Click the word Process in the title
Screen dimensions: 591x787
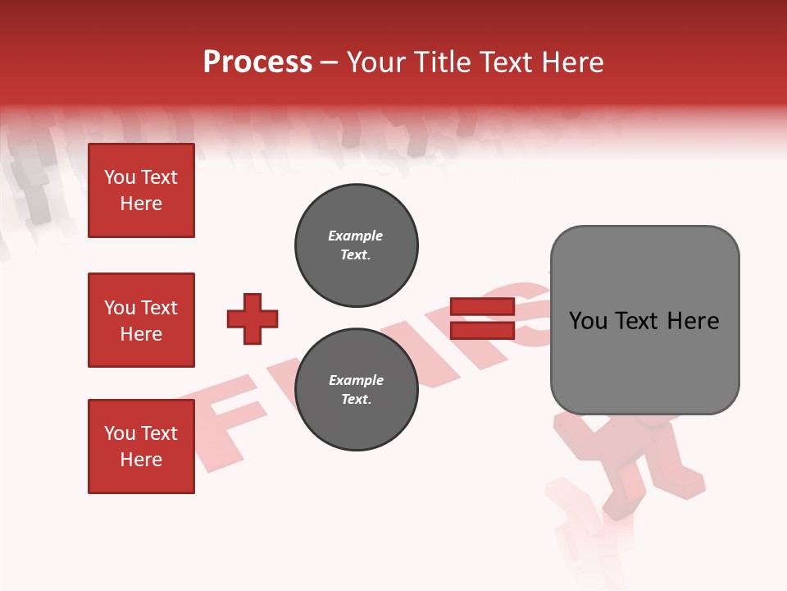click(257, 62)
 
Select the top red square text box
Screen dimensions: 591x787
click(141, 190)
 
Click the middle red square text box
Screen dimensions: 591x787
click(141, 320)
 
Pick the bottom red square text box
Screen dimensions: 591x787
click(141, 447)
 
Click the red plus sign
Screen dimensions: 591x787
click(252, 318)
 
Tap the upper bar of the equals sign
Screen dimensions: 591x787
click(481, 307)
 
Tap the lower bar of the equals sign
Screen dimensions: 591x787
click(481, 331)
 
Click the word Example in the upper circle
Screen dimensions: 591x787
click(355, 236)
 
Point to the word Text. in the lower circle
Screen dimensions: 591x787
click(356, 400)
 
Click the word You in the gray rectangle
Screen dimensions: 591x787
click(587, 321)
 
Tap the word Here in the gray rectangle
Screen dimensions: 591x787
click(693, 321)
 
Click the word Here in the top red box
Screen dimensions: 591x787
click(141, 204)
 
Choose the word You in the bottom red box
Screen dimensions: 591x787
click(120, 433)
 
